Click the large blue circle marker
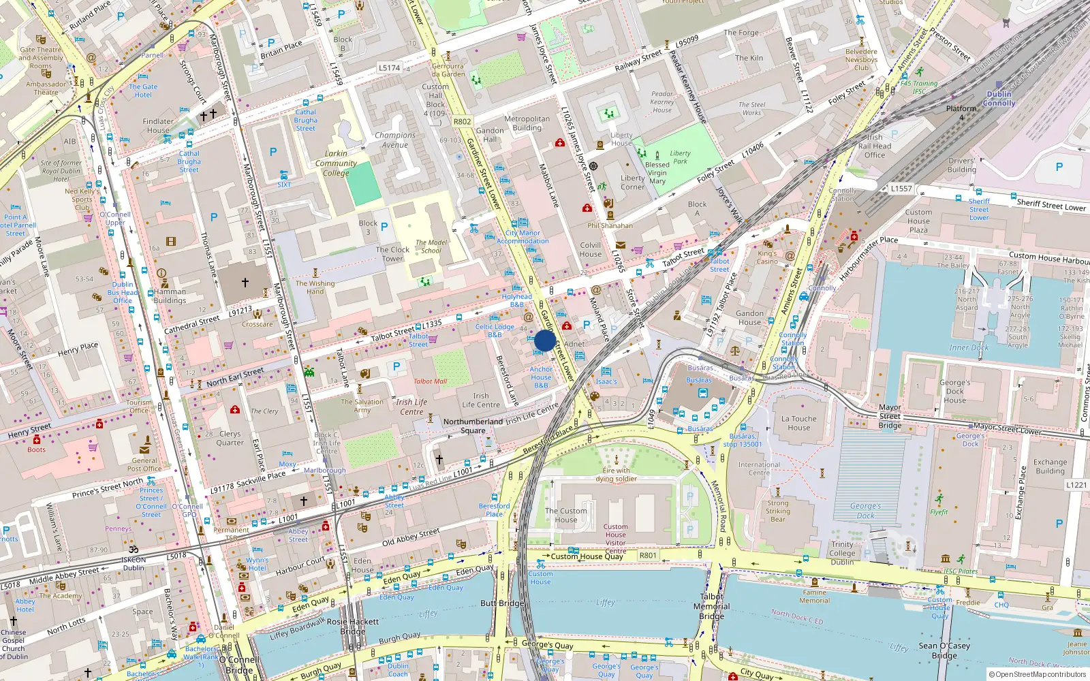tap(545, 340)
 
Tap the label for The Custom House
tap(565, 515)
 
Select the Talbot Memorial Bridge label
tap(711, 606)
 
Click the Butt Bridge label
tap(502, 603)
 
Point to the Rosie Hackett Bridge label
tap(353, 626)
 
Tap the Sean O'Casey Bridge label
tap(944, 650)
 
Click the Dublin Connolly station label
tap(999, 99)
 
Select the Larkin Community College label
tap(336, 163)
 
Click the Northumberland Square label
tap(473, 426)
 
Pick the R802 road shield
tap(462, 122)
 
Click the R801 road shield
tap(648, 555)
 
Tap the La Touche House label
tap(799, 424)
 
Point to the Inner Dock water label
tap(968, 347)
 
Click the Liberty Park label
tap(680, 157)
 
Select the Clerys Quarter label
tap(230, 438)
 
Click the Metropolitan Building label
tap(527, 123)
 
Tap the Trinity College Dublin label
tap(842, 553)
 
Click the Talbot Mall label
tap(430, 381)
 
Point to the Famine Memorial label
tap(814, 597)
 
